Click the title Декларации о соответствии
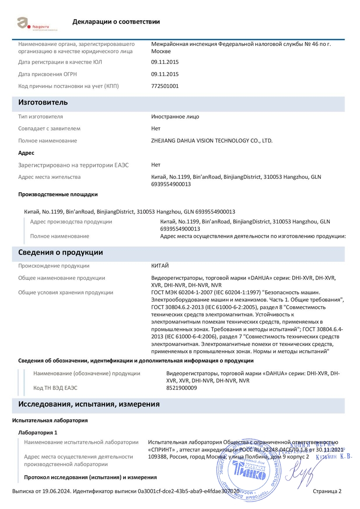[116, 22]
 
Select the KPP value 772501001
[165, 86]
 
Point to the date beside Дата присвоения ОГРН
[165, 74]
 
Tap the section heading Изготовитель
[43, 103]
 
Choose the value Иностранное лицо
[175, 117]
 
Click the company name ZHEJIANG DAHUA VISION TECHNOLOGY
[212, 141]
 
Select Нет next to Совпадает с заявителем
[156, 129]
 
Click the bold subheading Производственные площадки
[58, 194]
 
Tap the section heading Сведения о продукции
[60, 253]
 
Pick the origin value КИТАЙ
[160, 266]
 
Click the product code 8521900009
[182, 387]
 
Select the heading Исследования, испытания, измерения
[89, 404]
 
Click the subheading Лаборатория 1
[38, 432]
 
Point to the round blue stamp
[245, 470]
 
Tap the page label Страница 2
[327, 491]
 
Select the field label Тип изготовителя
[40, 117]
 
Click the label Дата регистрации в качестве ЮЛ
[60, 62]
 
